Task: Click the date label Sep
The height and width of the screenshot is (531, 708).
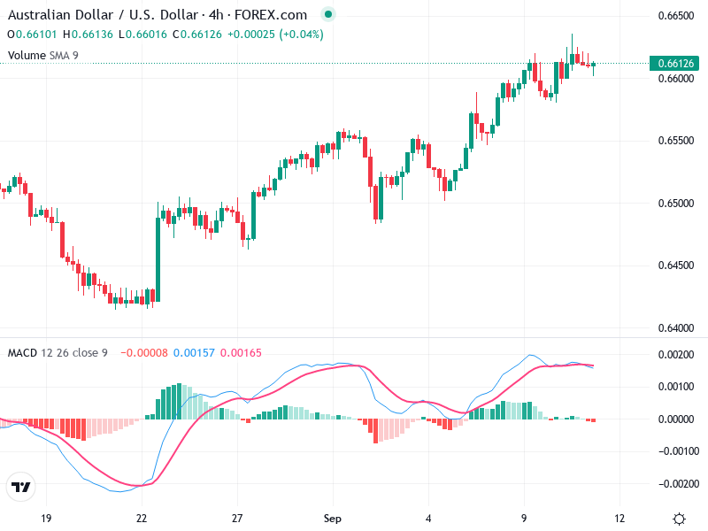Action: [332, 518]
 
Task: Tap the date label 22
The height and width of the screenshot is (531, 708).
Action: [142, 518]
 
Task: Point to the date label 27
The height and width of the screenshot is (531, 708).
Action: [236, 518]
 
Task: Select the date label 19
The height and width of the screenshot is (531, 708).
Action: [47, 518]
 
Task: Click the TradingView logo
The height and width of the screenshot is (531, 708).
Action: [19, 487]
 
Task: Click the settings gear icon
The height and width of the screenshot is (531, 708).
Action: [679, 518]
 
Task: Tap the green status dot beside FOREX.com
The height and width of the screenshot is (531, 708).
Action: [329, 15]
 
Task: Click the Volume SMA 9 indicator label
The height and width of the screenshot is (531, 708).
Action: [42, 55]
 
